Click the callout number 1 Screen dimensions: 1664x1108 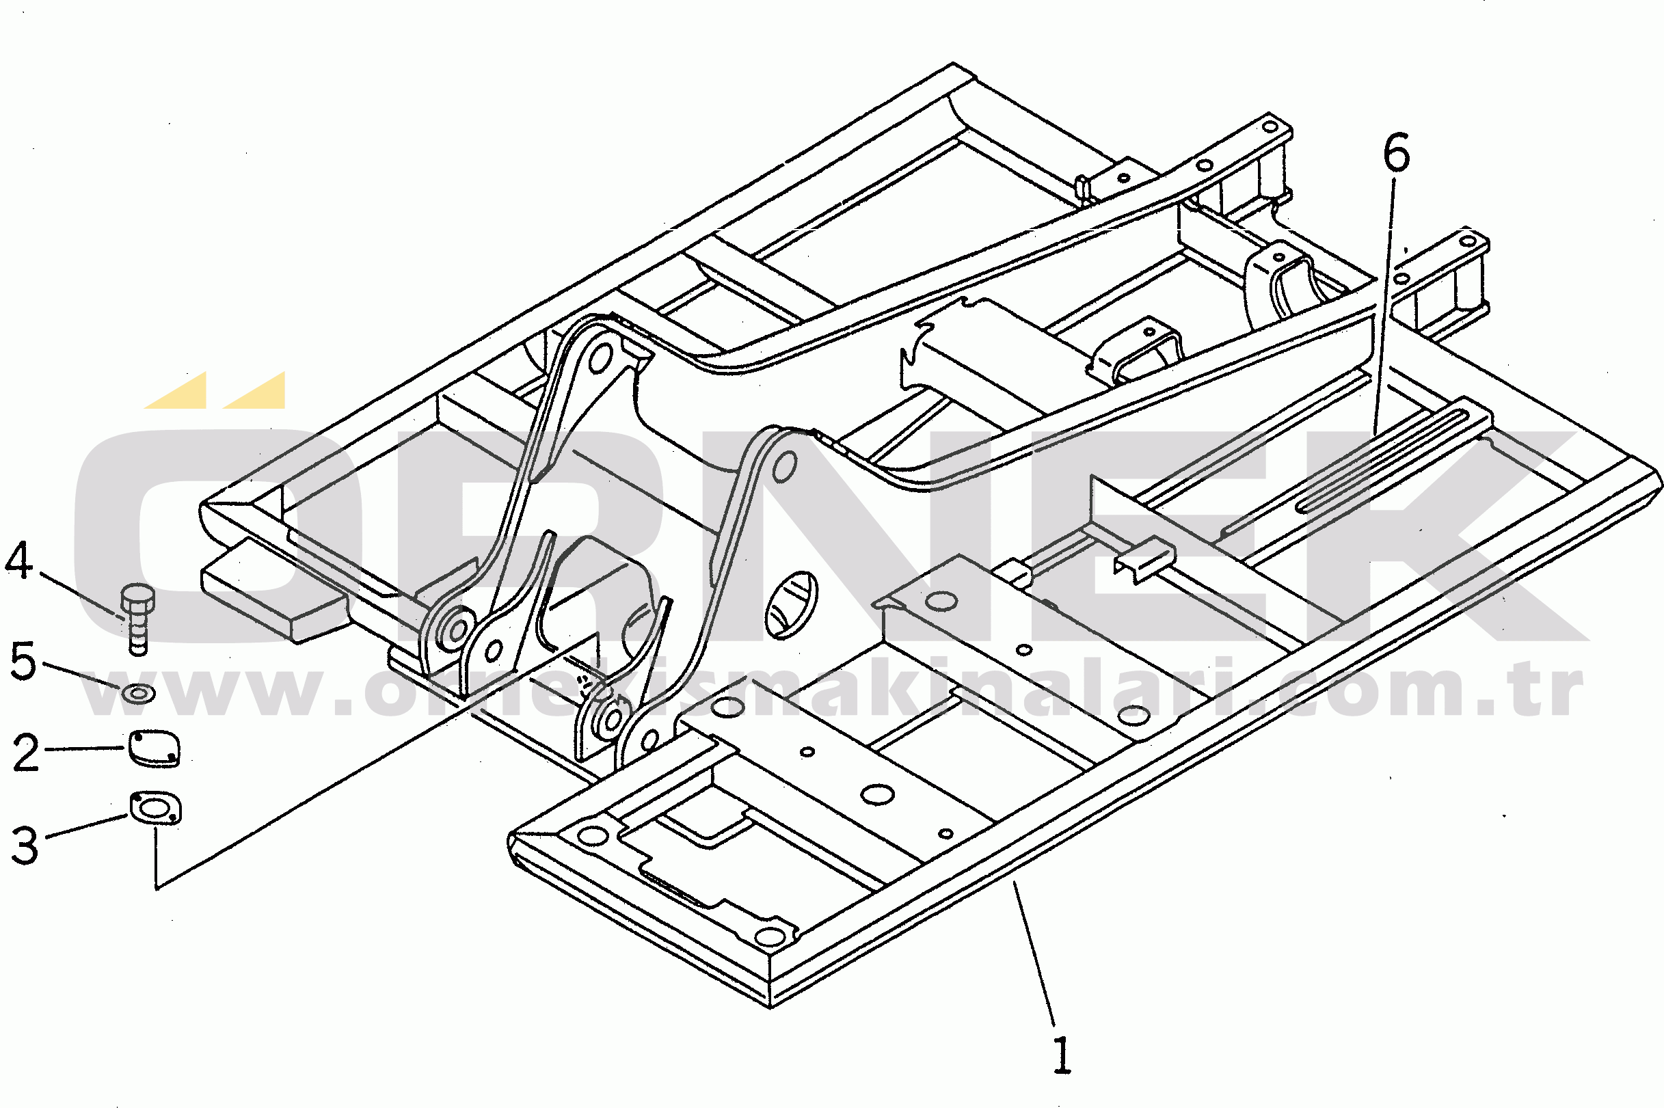point(1062,1055)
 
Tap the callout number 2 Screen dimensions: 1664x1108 point(27,753)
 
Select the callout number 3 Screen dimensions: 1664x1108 point(25,846)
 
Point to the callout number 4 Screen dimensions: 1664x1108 point(18,560)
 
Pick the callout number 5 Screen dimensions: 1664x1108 point(23,662)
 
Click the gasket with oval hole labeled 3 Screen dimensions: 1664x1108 point(155,808)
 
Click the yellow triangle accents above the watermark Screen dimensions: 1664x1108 point(215,390)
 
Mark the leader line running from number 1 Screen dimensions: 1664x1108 point(1035,955)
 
